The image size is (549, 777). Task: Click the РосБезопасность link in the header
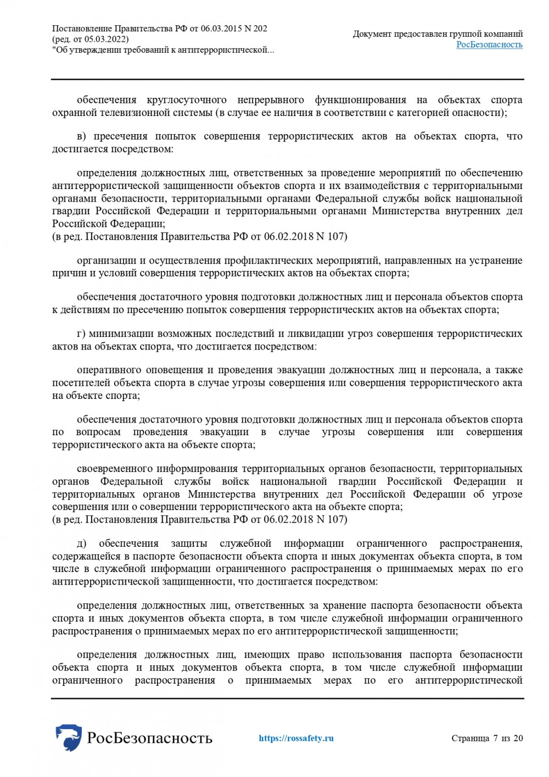(x=489, y=45)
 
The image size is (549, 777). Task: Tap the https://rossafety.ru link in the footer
(x=296, y=738)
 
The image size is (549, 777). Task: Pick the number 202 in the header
(x=260, y=29)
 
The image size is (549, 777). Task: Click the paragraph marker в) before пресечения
(x=81, y=136)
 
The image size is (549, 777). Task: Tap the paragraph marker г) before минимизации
(x=81, y=334)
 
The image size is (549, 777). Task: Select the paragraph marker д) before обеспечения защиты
(x=81, y=543)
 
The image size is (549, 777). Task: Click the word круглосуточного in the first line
(x=187, y=100)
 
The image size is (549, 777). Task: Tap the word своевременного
(x=114, y=469)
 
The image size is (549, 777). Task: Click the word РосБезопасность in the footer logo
(x=149, y=737)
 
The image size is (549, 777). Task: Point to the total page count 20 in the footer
(x=518, y=738)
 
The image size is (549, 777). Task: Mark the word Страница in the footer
(x=470, y=738)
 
